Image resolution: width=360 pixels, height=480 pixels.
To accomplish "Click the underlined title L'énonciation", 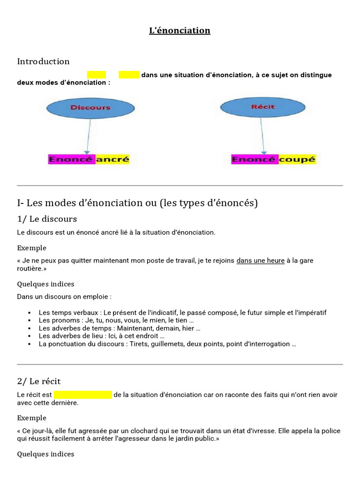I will coord(180,31).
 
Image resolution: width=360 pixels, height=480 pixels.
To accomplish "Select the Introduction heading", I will coord(43,61).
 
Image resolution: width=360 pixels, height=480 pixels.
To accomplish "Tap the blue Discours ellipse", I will coord(90,107).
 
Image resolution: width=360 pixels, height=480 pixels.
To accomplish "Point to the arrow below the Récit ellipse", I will coord(263,136).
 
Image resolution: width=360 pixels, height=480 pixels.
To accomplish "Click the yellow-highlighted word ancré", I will coord(112,159).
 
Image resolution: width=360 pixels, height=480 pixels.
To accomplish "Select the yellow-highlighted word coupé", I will coord(297,159).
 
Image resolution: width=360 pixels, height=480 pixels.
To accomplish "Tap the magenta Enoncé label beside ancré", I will coord(72,159).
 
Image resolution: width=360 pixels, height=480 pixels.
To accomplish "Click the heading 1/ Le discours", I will coord(47,219).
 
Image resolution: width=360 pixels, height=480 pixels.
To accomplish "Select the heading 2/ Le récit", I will coord(39,381).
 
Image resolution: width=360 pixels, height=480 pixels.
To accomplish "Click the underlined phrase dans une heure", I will coord(260,261).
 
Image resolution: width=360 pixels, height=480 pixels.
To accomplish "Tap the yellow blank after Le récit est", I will coord(83,395).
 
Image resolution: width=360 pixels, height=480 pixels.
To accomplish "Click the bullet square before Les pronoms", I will coord(29,320).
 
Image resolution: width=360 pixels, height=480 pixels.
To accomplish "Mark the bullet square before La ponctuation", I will coord(29,344).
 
